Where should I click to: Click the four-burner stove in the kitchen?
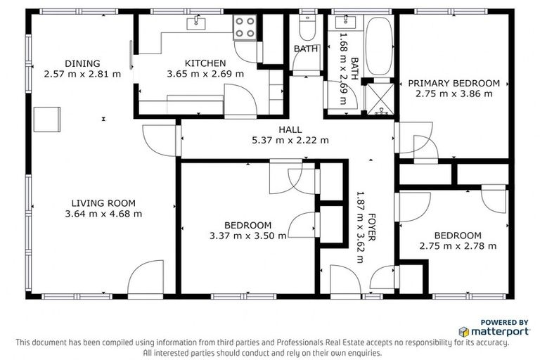(x=245, y=28)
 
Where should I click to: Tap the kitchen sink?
(x=193, y=24)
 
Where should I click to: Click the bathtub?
(x=379, y=46)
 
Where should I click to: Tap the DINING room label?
(x=82, y=63)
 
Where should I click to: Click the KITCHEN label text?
(x=205, y=63)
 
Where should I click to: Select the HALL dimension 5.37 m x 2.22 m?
(x=290, y=140)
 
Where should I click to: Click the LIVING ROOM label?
(x=103, y=203)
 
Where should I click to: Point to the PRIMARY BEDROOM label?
(x=454, y=83)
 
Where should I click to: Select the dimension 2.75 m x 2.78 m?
(x=457, y=246)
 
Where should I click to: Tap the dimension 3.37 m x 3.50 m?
(x=247, y=236)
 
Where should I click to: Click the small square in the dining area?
(x=47, y=118)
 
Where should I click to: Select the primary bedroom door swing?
(x=415, y=137)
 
